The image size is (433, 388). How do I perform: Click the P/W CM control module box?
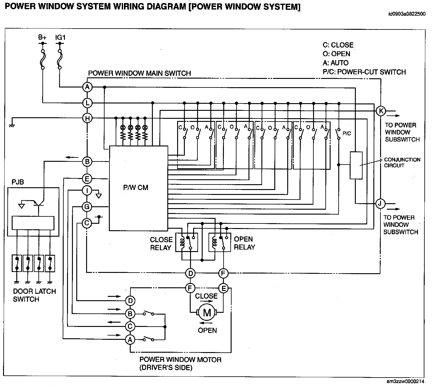[x=138, y=188]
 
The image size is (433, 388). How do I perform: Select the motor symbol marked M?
[x=207, y=312]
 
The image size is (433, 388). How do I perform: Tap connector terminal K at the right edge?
[x=381, y=111]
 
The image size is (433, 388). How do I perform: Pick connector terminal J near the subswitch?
[x=380, y=203]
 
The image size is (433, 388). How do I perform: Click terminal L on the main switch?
[x=87, y=103]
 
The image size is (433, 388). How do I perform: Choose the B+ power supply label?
[x=42, y=37]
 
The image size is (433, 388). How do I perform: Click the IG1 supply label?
[x=60, y=37]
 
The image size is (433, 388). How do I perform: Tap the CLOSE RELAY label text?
[x=161, y=244]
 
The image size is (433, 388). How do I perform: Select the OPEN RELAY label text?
[x=244, y=243]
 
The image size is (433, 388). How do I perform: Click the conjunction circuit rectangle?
[x=356, y=165]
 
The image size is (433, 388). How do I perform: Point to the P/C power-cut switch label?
[x=347, y=134]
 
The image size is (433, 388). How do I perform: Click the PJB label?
[x=18, y=182]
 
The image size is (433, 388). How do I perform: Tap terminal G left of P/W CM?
[x=87, y=207]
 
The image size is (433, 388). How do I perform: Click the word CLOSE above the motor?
[x=206, y=296]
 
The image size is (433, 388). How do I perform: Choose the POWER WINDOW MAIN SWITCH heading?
[x=139, y=73]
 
